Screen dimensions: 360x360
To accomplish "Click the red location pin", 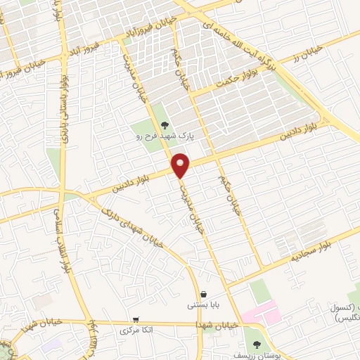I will (x=181, y=165).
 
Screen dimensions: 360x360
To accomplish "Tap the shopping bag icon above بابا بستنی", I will (x=203, y=294).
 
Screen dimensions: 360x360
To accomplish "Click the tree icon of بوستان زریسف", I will (x=257, y=344).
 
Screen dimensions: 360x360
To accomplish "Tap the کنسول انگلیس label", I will (x=341, y=313).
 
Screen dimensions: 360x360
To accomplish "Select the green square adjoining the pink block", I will (x=259, y=290).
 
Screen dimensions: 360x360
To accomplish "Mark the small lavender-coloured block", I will (x=51, y=346).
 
